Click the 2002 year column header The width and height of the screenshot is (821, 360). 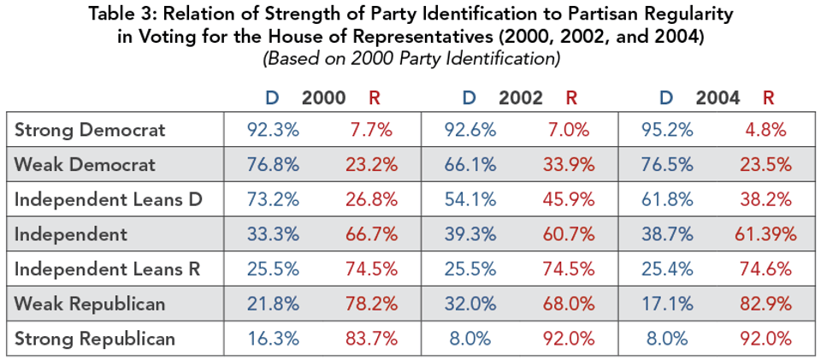520,97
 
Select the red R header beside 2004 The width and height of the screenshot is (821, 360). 768,97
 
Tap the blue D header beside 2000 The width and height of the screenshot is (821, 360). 272,97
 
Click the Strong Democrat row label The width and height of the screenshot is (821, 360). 90,130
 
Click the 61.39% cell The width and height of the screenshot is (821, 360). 769,234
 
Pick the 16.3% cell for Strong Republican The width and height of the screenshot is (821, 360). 274,339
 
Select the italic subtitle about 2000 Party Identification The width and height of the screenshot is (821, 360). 410,59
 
